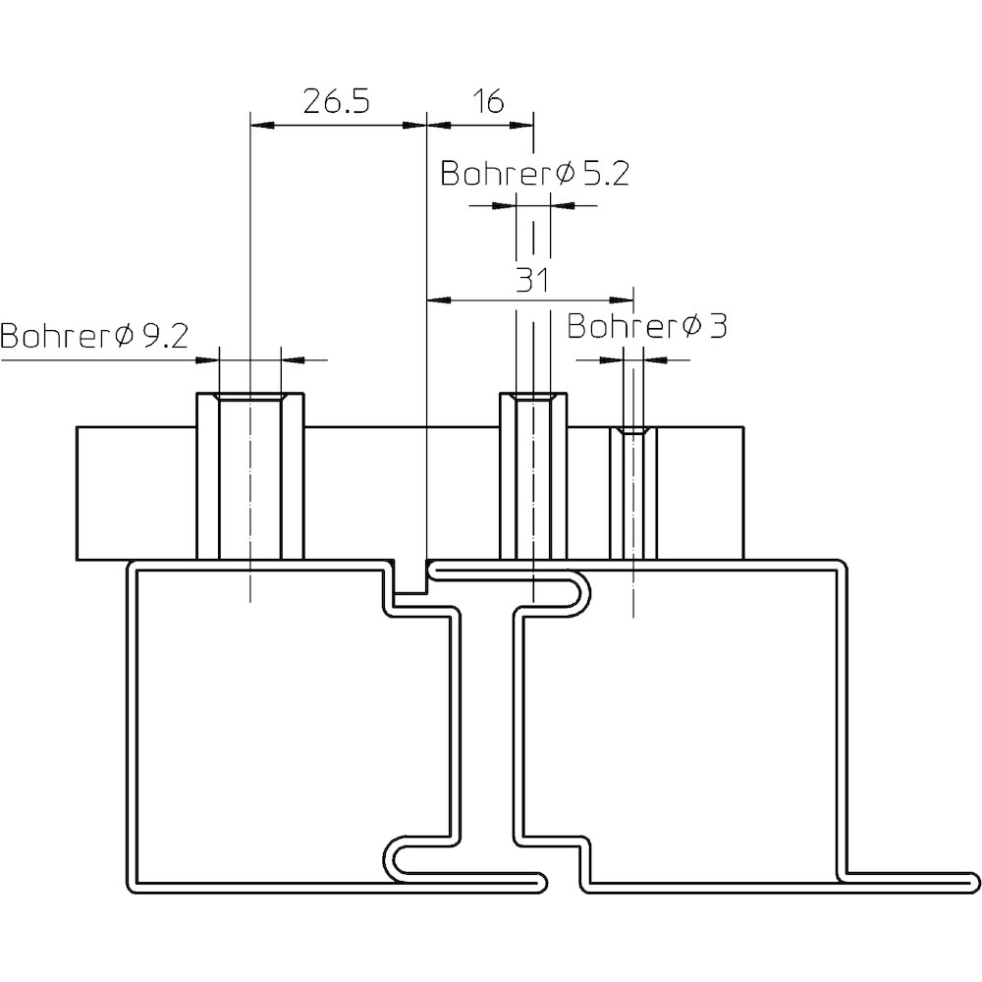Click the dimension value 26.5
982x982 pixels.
coord(336,103)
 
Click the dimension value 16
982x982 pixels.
coord(487,102)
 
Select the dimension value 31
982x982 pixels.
coord(531,281)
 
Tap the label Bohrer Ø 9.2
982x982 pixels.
coord(94,337)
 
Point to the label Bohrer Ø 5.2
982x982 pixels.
coord(534,175)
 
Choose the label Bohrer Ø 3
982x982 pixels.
coord(646,327)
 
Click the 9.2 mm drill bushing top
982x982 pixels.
coord(250,398)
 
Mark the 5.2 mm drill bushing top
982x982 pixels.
coord(533,398)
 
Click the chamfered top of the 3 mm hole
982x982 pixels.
coord(633,431)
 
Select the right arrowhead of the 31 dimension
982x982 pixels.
coord(625,299)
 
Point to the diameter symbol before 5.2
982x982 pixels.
coord(564,175)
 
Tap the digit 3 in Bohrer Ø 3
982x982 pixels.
coord(715,327)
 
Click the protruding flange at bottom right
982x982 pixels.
coord(913,878)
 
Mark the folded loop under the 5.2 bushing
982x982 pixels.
coord(579,595)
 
